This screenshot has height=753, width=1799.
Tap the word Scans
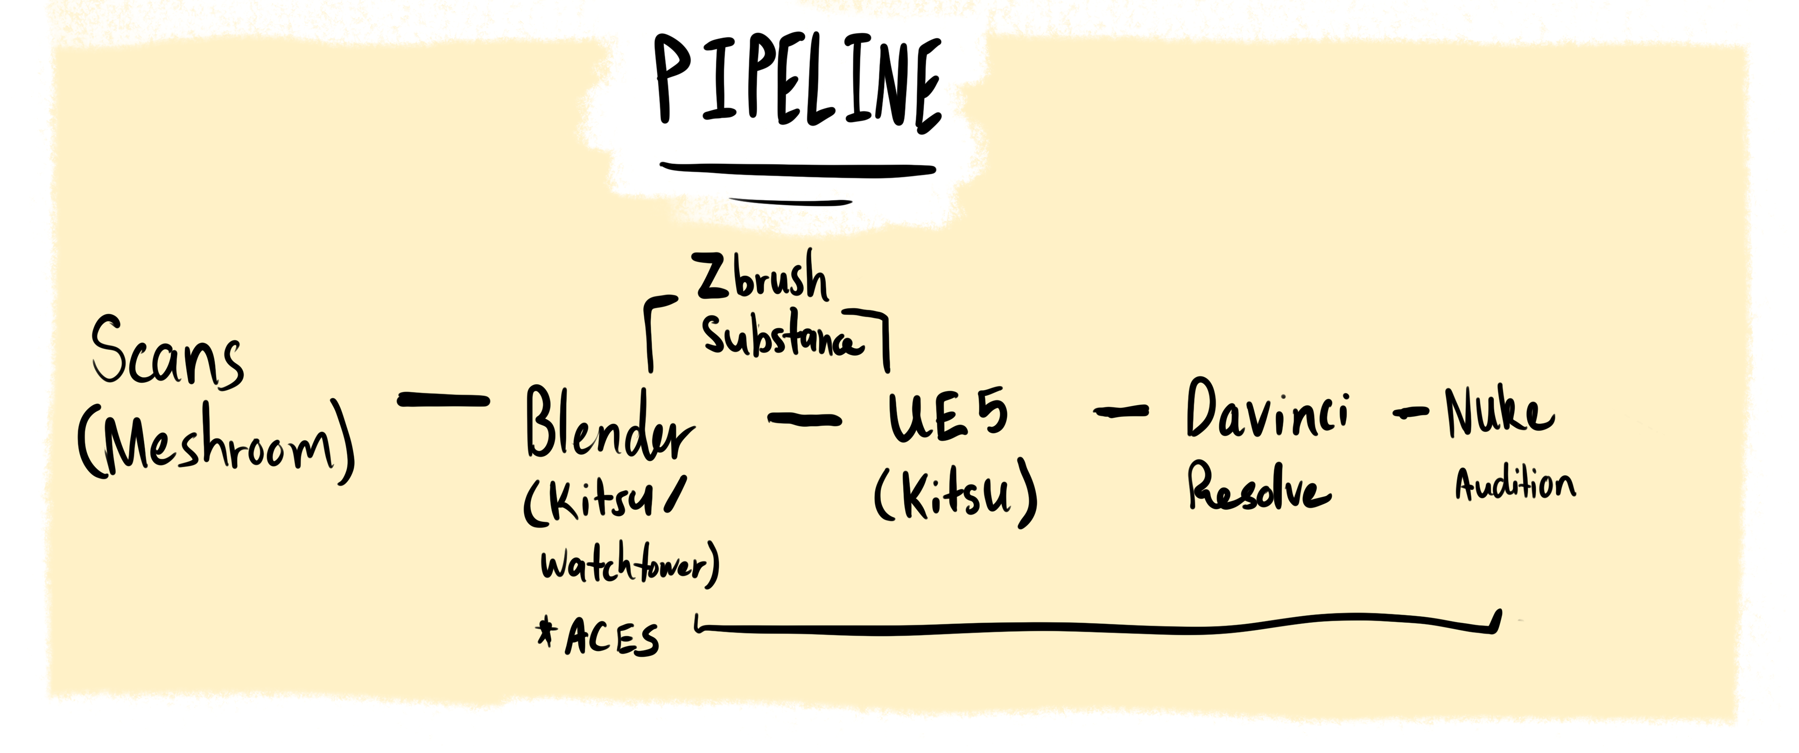tap(168, 353)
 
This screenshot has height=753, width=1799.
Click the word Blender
tap(609, 425)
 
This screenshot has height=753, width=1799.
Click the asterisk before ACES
tap(545, 632)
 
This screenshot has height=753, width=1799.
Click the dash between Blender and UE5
tap(804, 418)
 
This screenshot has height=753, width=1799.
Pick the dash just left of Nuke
tap(1409, 414)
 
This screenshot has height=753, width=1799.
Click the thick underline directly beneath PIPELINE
tap(797, 168)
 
